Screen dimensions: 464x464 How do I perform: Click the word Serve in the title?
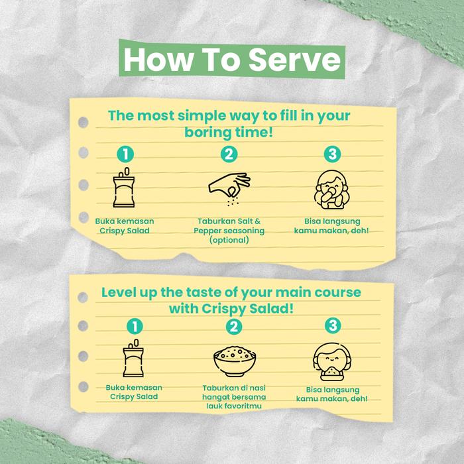[x=295, y=60]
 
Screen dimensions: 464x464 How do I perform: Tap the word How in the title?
[x=158, y=60]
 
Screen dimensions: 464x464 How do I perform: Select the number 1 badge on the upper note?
[x=125, y=154]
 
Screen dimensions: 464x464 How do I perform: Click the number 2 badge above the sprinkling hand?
[x=229, y=154]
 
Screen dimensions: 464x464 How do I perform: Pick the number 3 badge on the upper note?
[x=332, y=154]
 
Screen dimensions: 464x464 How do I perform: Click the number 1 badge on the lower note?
[x=135, y=326]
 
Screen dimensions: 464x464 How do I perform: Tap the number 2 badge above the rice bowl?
[x=234, y=326]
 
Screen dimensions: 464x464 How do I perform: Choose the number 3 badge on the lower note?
[x=333, y=325]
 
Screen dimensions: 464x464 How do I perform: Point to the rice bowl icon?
[x=235, y=361]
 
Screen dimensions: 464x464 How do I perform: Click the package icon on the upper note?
[x=124, y=188]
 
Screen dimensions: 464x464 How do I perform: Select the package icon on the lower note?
[x=133, y=358]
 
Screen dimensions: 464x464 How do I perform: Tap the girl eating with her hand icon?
[x=331, y=190]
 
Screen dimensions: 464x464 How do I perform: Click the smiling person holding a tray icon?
[x=332, y=362]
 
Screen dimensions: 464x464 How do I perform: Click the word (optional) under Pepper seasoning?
[x=229, y=240]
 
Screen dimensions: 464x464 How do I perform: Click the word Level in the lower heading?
[x=119, y=292]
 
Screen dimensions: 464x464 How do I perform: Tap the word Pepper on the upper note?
[x=207, y=231]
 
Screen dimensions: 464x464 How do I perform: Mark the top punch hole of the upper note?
[x=83, y=122]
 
